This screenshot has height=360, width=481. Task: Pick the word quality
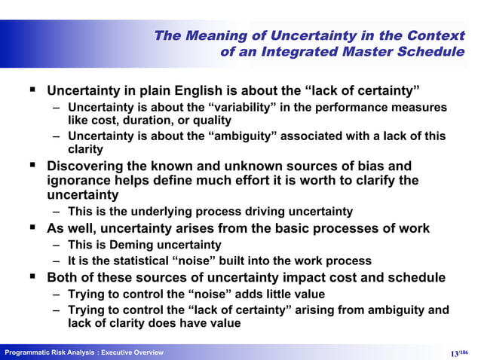click(x=211, y=121)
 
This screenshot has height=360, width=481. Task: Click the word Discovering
click(x=89, y=166)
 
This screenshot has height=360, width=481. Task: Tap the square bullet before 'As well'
click(x=32, y=228)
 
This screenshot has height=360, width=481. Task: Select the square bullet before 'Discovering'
click(x=32, y=166)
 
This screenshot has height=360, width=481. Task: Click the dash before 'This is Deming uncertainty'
click(x=57, y=245)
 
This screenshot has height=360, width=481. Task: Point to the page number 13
click(x=454, y=353)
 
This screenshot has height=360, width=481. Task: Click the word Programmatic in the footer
click(x=28, y=353)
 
